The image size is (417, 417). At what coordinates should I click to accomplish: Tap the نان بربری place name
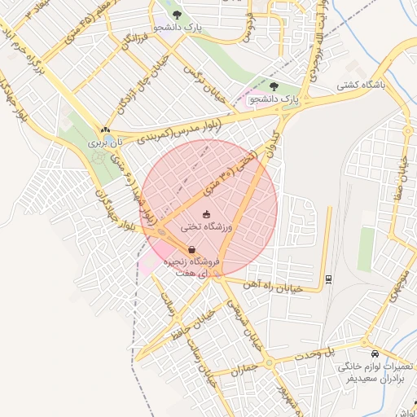pyautogui.click(x=105, y=142)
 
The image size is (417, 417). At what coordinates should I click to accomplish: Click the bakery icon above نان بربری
pyautogui.click(x=105, y=130)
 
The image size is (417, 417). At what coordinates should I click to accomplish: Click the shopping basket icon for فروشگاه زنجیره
pyautogui.click(x=191, y=250)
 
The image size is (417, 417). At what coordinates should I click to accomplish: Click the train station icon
pyautogui.click(x=327, y=279)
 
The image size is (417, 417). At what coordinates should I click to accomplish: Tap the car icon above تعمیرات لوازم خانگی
pyautogui.click(x=374, y=354)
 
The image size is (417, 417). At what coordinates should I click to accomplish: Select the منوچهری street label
pyautogui.click(x=398, y=286)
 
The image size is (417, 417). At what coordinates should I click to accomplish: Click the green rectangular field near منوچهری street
pyautogui.click(x=367, y=248)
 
